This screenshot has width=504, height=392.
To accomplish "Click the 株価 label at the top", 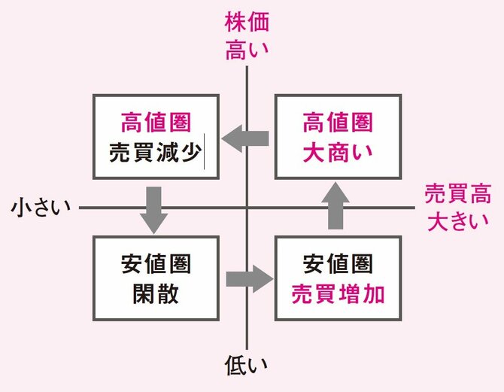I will (247, 22).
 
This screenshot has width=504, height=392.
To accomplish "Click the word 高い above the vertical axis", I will (247, 50).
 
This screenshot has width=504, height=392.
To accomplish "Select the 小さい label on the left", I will (40, 208).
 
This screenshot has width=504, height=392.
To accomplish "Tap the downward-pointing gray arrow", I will (153, 205).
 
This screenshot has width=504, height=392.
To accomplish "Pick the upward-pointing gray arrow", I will (334, 205).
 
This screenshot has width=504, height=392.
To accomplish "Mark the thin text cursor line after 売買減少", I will (202, 150).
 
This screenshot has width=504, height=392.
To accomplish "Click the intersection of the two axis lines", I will (247, 208).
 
